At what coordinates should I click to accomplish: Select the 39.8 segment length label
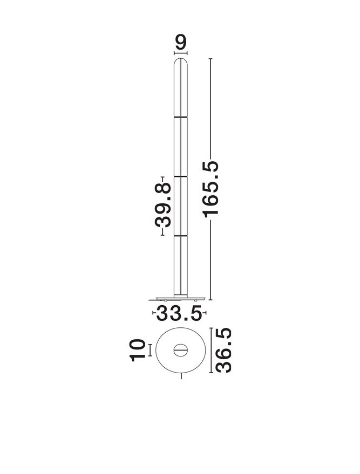tap(162, 205)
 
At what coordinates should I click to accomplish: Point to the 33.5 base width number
tap(179, 313)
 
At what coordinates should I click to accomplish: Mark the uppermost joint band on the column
tap(180, 116)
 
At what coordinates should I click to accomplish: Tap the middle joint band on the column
tap(180, 176)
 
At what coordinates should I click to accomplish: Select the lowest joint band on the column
tap(180, 236)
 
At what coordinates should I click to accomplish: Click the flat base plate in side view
tap(178, 298)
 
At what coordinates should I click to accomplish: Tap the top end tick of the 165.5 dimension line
tap(210, 58)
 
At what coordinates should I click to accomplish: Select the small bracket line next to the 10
tap(150, 351)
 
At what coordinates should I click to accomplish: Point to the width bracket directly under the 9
tap(180, 53)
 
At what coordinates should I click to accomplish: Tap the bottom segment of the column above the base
tap(180, 265)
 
